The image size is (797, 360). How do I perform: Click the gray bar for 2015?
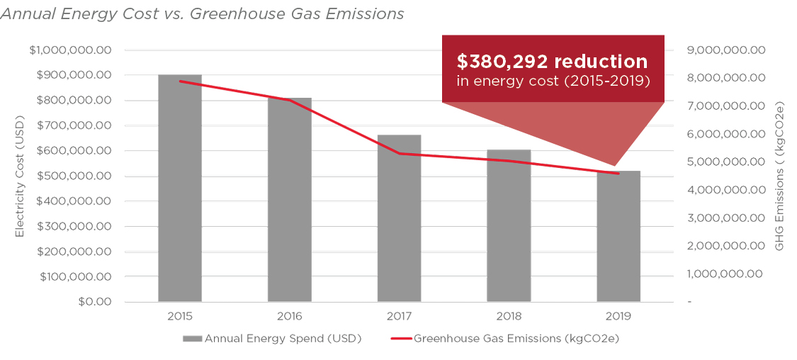(x=180, y=188)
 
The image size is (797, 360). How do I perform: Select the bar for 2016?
(x=290, y=200)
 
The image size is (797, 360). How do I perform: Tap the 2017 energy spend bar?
(x=399, y=218)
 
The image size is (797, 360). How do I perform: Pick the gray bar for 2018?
(x=509, y=226)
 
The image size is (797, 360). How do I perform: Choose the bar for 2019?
(x=618, y=237)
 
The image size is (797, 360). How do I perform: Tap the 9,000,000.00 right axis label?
(x=726, y=50)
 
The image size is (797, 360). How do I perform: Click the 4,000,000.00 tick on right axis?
(x=726, y=190)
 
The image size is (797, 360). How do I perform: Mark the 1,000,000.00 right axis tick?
(x=726, y=274)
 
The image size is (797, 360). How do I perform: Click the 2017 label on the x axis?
(x=399, y=317)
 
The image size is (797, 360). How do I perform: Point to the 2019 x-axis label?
(x=618, y=317)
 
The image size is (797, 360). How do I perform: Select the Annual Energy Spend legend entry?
(x=272, y=339)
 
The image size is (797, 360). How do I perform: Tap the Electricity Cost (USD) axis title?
(x=20, y=176)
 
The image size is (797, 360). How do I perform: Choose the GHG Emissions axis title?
(x=780, y=176)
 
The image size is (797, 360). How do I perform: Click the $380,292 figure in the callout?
(x=501, y=62)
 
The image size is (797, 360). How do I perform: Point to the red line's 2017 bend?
(x=400, y=154)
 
